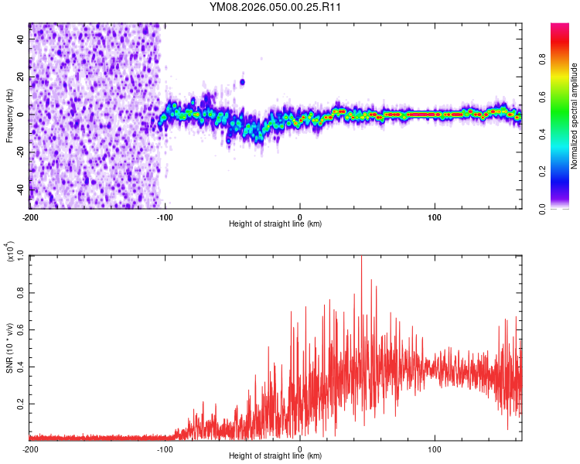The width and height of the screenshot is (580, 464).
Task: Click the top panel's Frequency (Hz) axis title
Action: [9, 115]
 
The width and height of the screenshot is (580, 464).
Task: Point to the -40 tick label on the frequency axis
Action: [19, 189]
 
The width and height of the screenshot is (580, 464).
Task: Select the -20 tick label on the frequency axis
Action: [19, 152]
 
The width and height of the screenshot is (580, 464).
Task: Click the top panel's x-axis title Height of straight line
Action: [275, 224]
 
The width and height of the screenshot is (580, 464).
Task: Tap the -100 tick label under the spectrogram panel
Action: [165, 215]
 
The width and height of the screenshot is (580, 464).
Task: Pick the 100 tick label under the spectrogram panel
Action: [435, 215]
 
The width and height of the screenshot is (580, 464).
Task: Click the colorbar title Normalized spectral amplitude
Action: [575, 116]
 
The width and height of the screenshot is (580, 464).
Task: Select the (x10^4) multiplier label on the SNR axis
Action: [9, 252]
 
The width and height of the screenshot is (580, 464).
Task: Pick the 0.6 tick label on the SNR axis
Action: [21, 329]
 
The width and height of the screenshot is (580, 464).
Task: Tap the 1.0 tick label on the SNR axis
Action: [21, 254]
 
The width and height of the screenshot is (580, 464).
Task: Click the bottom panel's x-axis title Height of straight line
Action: [275, 456]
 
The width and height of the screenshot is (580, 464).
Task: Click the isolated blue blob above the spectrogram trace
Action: [242, 81]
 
